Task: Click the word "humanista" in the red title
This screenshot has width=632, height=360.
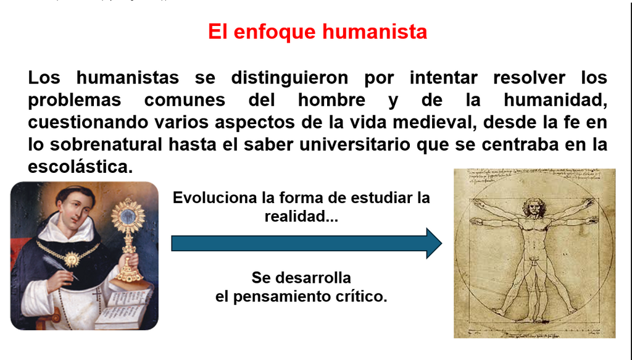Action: click(x=375, y=31)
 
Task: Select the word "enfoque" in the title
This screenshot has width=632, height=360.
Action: click(x=275, y=32)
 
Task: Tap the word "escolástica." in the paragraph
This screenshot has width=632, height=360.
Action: click(x=80, y=167)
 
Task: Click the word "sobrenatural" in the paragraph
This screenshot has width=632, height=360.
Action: click(x=106, y=144)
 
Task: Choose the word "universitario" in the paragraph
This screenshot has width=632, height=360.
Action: click(x=355, y=144)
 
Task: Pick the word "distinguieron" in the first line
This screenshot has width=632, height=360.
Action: click(x=289, y=78)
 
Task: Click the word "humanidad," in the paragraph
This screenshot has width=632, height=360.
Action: click(x=555, y=100)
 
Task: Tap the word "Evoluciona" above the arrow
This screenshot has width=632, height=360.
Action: click(x=214, y=198)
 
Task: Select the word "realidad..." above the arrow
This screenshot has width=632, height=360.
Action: click(x=301, y=217)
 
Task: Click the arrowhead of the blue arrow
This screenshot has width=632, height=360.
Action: click(x=434, y=243)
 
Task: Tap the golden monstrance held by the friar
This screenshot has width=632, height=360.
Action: click(x=127, y=240)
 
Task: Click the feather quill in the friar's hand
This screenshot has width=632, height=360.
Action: click(x=60, y=266)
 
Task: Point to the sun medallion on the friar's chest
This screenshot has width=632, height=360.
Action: click(x=71, y=258)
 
